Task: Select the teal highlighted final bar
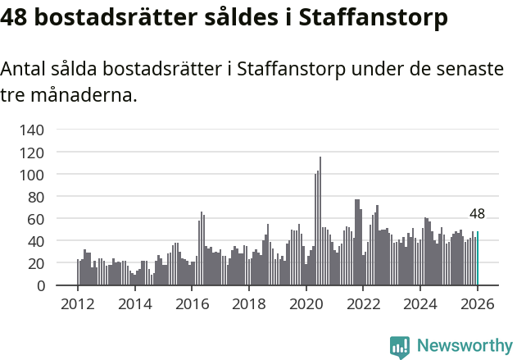point(478,259)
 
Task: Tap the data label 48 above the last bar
point(477,214)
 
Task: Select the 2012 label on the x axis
point(78,305)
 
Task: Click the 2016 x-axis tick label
point(193,305)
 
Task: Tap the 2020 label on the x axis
point(306,305)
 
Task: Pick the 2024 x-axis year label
point(420,305)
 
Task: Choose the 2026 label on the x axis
point(478,305)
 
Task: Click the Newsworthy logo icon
point(399,347)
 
